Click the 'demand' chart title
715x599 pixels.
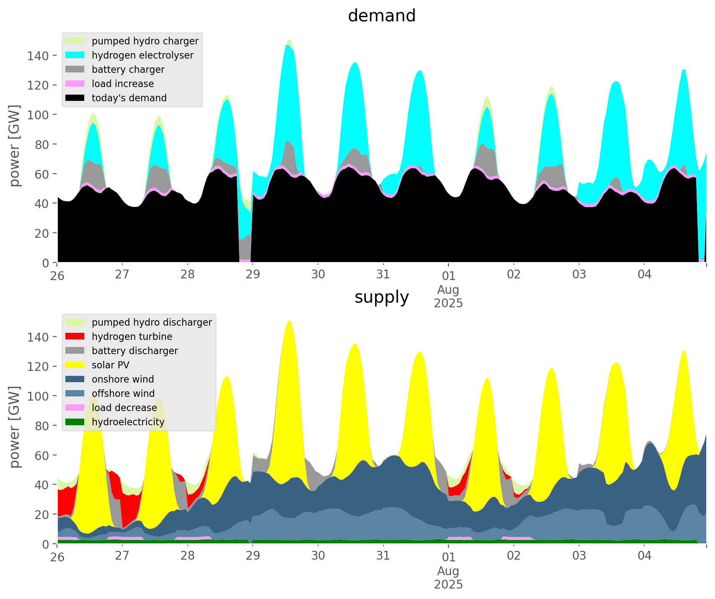(x=381, y=16)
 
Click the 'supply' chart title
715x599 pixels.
(x=381, y=297)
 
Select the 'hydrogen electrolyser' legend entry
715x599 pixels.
(x=142, y=55)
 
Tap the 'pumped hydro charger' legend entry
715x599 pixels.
(x=145, y=41)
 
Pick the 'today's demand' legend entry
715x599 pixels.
(x=129, y=98)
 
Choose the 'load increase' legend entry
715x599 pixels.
(x=122, y=84)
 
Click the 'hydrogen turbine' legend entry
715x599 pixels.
(x=132, y=337)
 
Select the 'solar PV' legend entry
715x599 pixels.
(x=110, y=365)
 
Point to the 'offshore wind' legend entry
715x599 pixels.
(x=123, y=393)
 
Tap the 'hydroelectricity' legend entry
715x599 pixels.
(x=128, y=422)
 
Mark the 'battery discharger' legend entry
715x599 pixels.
(x=135, y=351)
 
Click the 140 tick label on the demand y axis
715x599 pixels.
(x=38, y=56)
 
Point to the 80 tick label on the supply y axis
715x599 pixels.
(x=41, y=426)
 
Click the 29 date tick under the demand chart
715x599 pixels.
(x=253, y=275)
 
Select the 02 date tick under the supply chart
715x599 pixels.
(x=513, y=556)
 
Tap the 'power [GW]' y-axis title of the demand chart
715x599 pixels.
(x=15, y=146)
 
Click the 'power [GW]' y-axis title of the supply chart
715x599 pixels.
(x=15, y=427)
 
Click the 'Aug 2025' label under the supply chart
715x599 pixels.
(x=448, y=578)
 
